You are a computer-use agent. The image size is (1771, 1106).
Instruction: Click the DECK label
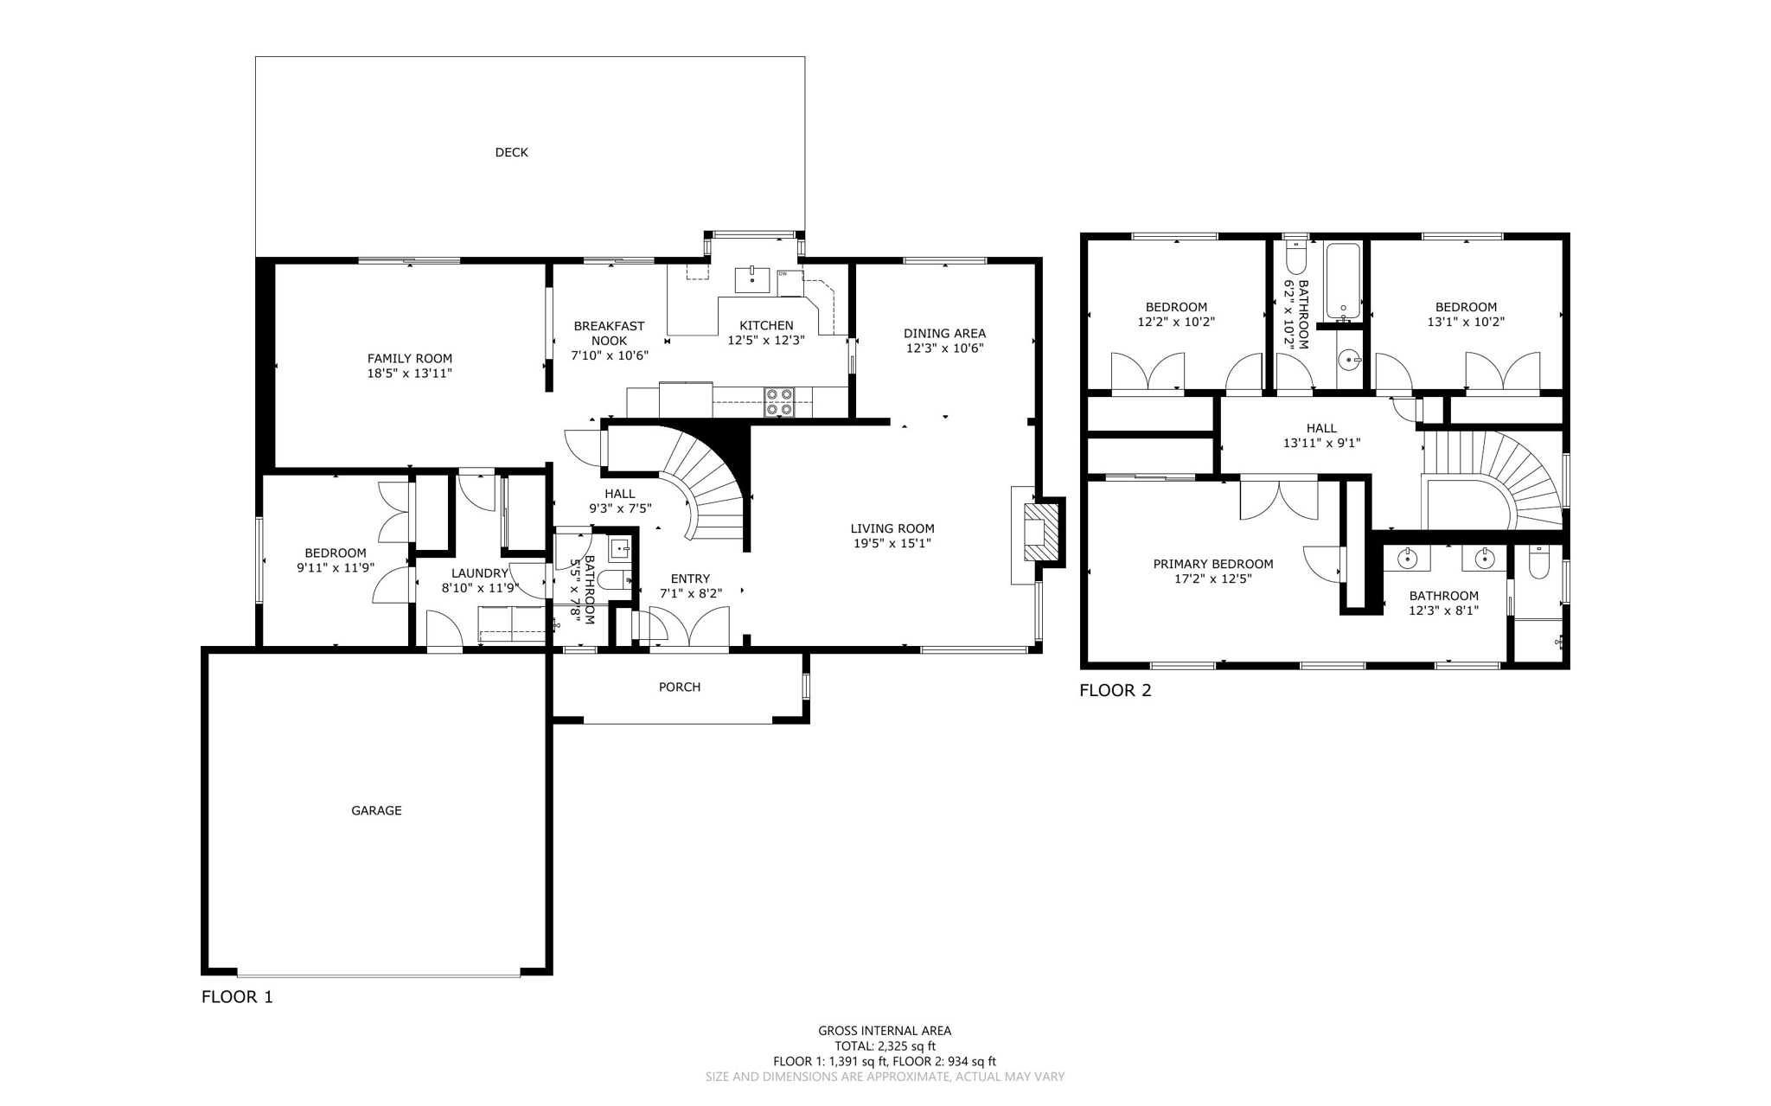[x=511, y=152]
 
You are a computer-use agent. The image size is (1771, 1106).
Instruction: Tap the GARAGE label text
[x=376, y=810]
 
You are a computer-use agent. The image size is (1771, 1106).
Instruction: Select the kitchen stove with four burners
[x=779, y=402]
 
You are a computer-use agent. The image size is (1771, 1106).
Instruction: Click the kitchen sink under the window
[x=752, y=279]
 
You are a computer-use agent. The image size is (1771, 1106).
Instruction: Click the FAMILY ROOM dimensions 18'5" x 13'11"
[x=409, y=374]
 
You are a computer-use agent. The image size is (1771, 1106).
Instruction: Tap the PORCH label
[x=680, y=687]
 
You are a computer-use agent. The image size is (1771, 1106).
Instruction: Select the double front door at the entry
[x=689, y=627]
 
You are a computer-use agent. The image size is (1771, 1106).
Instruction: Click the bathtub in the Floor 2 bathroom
[x=1343, y=280]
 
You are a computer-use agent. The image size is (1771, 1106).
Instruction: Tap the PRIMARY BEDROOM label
[x=1212, y=564]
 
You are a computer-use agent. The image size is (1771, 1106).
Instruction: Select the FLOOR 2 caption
[x=1115, y=690]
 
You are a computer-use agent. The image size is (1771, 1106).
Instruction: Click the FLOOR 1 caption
[x=237, y=996]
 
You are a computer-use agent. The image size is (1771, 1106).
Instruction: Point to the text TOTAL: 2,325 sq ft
[x=885, y=1045]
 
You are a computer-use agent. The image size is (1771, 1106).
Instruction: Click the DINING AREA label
[x=944, y=333]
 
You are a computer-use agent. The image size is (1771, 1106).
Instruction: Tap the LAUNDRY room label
[x=479, y=572]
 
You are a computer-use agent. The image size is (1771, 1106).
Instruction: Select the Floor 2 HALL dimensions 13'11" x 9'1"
[x=1321, y=443]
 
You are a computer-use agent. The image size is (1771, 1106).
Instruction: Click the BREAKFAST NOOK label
[x=609, y=333]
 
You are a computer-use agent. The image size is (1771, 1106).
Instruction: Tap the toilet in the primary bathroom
[x=1538, y=564]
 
